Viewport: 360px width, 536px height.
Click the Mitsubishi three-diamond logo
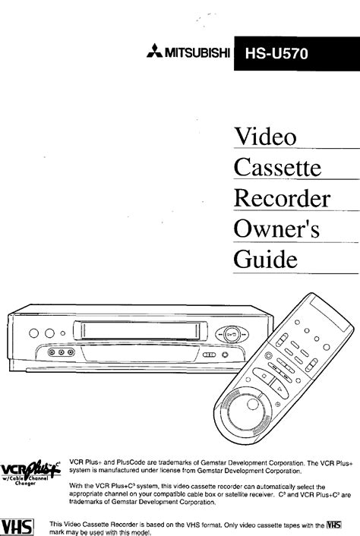(x=154, y=51)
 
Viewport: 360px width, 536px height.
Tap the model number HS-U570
(x=276, y=54)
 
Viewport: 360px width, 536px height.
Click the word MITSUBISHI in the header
(x=197, y=53)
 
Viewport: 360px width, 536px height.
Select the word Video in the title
(x=265, y=137)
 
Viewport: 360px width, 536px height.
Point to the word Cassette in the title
(x=278, y=167)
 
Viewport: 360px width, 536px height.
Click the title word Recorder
(x=282, y=198)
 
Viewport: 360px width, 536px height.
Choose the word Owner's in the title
(x=277, y=229)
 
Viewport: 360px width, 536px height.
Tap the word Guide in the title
(x=266, y=260)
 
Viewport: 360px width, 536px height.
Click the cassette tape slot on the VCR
(x=141, y=330)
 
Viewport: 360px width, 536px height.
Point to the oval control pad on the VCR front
(x=232, y=334)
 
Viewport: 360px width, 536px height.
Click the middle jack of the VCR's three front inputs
(x=62, y=352)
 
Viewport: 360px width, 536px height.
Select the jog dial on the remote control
(x=246, y=410)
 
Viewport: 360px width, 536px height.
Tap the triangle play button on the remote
(x=280, y=389)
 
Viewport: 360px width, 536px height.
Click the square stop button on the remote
(x=264, y=376)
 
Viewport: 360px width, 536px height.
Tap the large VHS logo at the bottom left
(x=17, y=527)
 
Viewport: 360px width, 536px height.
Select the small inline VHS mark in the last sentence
(x=334, y=525)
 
